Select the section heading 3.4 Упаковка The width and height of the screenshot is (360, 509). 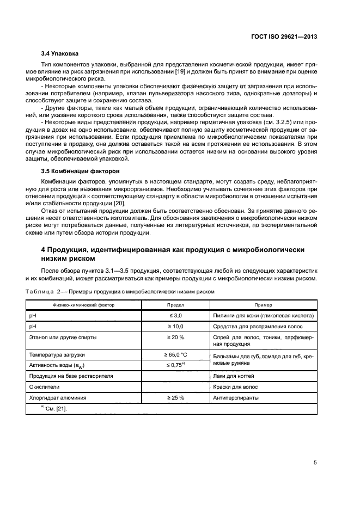[59, 54]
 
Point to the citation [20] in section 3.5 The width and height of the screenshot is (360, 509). [118, 203]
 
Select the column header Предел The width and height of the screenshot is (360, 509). [175, 305]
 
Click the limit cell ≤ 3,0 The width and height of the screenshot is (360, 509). [175, 315]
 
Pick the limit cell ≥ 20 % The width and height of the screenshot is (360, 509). [175, 337]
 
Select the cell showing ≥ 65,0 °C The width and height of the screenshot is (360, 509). [175, 354]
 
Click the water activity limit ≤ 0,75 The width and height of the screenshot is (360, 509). [175, 365]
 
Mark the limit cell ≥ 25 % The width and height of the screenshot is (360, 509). [175, 397]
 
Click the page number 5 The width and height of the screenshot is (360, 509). [315, 463]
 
